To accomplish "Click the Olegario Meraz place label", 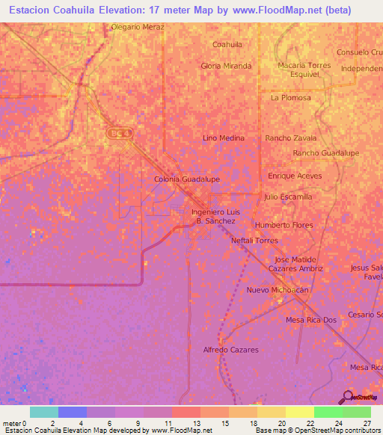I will coord(137,26).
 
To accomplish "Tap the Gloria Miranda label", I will coord(226,66).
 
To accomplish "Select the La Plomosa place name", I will coord(290,97).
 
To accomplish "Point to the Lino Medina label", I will coord(224,138).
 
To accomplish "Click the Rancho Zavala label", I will coord(291,138).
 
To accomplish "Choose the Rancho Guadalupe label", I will coord(326,152).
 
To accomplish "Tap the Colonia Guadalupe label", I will coord(186,179).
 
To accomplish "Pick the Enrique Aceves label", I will coord(295,176).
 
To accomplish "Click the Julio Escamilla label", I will coord(288,197).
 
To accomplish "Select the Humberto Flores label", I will coord(284,225).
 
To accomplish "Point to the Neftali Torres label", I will coord(254,241).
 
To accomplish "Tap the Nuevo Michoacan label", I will coord(278,289).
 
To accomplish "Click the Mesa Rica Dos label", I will coord(311,320).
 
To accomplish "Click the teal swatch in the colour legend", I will coord(43,412).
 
